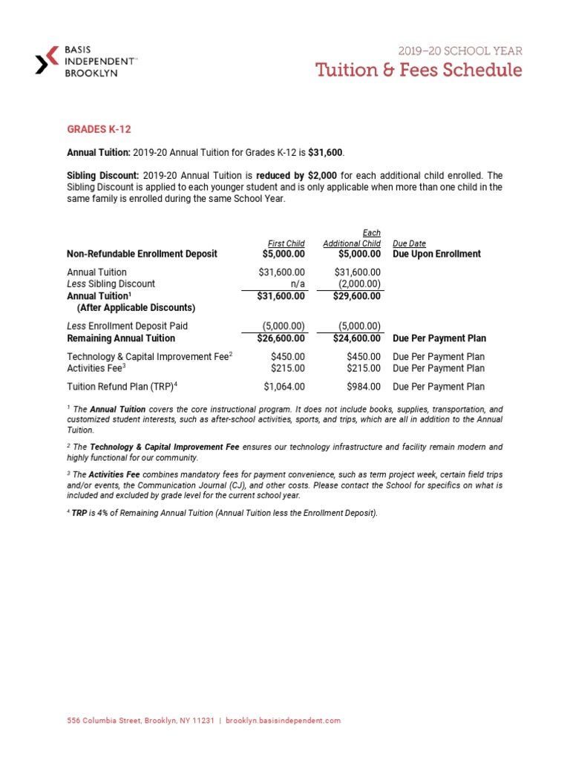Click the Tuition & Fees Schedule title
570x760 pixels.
pos(419,71)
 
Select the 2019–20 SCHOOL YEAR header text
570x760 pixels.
pos(461,51)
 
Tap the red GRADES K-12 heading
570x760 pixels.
pos(99,129)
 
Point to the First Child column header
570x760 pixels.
pos(286,243)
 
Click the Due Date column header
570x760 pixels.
pos(409,243)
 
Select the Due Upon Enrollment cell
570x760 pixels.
pos(436,254)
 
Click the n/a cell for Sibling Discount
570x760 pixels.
pos(296,284)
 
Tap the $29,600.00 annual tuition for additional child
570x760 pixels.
pos(357,295)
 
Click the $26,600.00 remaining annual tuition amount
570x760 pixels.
pos(281,338)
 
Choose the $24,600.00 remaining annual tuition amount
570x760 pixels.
pos(357,338)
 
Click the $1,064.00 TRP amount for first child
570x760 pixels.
pos(284,387)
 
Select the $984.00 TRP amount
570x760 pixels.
pos(364,387)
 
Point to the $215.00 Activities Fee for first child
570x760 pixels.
pos(288,368)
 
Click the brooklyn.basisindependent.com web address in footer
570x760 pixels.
pos(283,721)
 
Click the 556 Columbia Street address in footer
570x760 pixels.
pos(140,721)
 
